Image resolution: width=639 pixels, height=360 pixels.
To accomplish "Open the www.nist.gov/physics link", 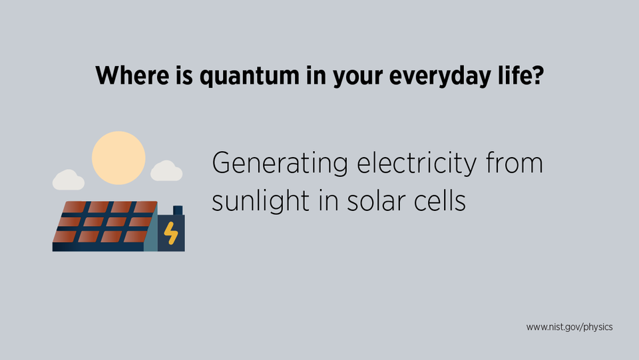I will pos(569,327).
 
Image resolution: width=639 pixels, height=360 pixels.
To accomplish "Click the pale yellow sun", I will pos(118,158).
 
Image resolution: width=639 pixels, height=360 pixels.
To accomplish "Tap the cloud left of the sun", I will pos(68,180).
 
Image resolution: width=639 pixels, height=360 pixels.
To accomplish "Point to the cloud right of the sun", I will pos(166,172).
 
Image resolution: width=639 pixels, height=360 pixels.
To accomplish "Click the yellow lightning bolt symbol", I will pos(172,232).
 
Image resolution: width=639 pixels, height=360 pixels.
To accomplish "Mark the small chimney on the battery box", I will pos(178,210).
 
